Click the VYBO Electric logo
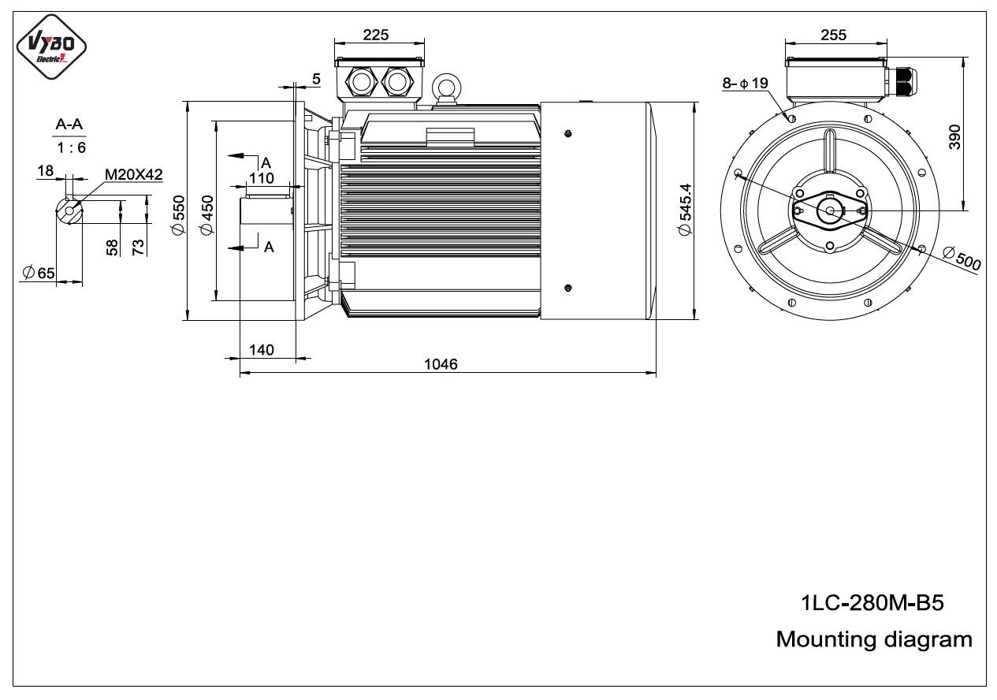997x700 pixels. coord(51,47)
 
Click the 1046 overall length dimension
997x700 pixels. coord(441,364)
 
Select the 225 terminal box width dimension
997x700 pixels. coord(376,35)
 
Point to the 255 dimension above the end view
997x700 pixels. coord(833,35)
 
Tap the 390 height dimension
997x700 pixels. coord(954,137)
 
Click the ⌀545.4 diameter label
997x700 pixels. coord(686,210)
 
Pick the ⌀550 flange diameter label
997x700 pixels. coord(178,215)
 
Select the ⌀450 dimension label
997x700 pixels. coord(207,215)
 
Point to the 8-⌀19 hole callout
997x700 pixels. coord(745,83)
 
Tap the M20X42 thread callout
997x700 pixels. coord(133,174)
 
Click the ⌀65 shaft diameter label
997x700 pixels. coord(39,273)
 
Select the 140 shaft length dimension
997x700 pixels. coord(261,350)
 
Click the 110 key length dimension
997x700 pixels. coord(261,178)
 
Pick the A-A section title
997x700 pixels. coord(69,124)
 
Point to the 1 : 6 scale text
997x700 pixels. coord(71,147)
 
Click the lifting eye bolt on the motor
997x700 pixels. coord(446,88)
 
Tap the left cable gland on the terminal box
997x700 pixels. coord(361,82)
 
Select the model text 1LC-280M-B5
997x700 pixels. coord(872,602)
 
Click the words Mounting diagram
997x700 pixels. coord(874,639)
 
